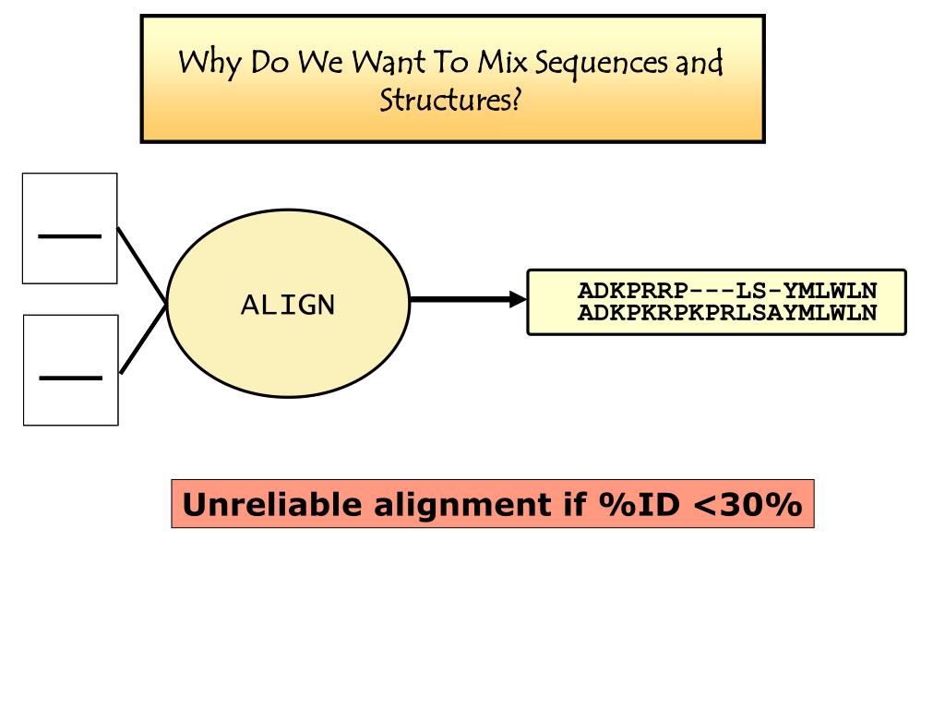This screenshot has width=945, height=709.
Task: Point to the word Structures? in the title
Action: point(451,99)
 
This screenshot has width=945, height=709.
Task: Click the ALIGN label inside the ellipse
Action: point(288,305)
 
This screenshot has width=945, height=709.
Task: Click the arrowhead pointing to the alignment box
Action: point(517,299)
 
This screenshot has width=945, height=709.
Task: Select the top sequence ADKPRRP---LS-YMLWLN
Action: point(727,291)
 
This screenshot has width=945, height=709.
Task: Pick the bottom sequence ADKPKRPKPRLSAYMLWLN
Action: point(727,313)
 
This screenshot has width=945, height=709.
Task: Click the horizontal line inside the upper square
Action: point(69,236)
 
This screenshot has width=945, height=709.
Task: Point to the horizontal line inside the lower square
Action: point(70,377)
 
